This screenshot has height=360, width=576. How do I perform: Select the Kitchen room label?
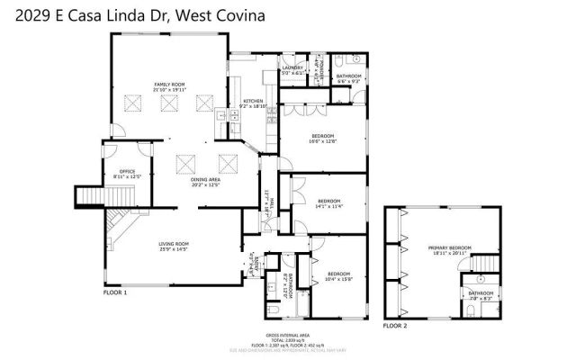[x=252, y=103]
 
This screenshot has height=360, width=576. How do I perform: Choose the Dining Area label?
[x=205, y=182]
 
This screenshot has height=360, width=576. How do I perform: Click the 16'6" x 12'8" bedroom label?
[x=323, y=138]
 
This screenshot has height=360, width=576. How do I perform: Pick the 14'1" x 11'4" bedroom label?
[x=328, y=203]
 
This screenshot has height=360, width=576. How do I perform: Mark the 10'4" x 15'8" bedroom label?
[x=339, y=275]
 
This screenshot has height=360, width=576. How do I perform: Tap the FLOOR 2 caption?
[x=395, y=324]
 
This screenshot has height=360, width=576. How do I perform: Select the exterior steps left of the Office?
[x=88, y=196]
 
